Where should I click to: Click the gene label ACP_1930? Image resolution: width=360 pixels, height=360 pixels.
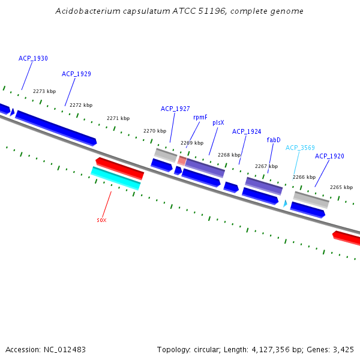pos(33,58)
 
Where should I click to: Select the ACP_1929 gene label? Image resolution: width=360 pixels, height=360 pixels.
pos(76,74)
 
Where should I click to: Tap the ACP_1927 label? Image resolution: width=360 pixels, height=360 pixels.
pos(175,109)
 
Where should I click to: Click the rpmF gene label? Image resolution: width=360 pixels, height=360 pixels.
pos(200,117)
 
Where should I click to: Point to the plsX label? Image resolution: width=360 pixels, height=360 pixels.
pos(218,122)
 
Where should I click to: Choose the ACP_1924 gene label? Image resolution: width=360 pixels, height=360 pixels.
pos(247,131)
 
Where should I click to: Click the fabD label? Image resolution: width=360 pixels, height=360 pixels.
pos(274,140)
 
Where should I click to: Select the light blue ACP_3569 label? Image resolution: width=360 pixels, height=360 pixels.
pos(300,148)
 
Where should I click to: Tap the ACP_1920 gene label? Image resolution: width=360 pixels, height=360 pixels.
pos(329,156)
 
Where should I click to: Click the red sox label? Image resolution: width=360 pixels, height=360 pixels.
pos(101,220)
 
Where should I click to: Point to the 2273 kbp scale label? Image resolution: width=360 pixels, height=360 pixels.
pos(44,91)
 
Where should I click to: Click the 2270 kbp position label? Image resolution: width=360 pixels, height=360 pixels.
pos(155,131)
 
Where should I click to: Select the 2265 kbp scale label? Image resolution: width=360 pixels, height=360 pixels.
pos(341,187)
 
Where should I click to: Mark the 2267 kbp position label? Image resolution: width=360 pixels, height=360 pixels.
pos(266,166)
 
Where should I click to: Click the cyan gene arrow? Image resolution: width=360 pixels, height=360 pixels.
pos(115,178)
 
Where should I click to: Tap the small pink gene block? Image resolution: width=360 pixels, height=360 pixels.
pos(182,161)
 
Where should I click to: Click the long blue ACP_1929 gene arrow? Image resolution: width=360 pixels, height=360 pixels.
pos(56,128)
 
